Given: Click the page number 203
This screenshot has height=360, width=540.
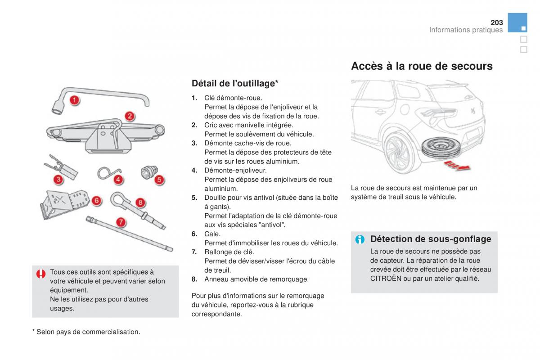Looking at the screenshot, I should click(x=497, y=22).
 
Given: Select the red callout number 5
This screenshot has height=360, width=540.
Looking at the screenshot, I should click(x=159, y=180).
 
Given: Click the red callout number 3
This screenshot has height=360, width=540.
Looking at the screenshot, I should click(x=58, y=180).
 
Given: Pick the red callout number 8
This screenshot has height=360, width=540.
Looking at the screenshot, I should click(x=140, y=202).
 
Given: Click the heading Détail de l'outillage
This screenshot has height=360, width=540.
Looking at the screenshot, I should click(x=235, y=83).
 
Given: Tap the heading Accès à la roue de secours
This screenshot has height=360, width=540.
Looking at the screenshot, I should click(x=422, y=66).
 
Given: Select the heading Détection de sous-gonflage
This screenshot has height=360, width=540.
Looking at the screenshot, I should click(x=431, y=239).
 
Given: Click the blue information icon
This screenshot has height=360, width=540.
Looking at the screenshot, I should click(x=360, y=239).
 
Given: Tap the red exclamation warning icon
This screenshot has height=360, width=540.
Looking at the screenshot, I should click(x=41, y=274).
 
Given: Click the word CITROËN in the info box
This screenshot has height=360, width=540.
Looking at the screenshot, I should click(x=386, y=279).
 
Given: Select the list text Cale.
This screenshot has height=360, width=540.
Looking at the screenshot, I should click(x=212, y=234).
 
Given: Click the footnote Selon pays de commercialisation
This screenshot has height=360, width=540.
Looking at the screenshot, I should click(x=86, y=332).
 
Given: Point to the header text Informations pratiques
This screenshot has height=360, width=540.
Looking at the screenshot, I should click(x=466, y=30).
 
